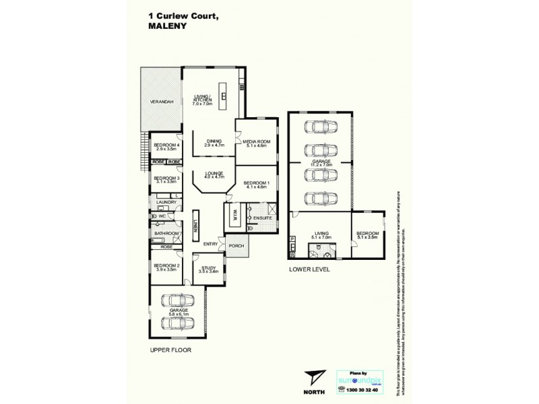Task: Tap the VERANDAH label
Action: pyautogui.click(x=162, y=101)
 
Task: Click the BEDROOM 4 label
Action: pyautogui.click(x=166, y=147)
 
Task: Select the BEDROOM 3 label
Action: pyautogui.click(x=166, y=180)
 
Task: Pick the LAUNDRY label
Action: pyautogui.click(x=166, y=202)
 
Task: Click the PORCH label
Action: pyautogui.click(x=236, y=246)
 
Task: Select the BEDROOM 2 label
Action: pyautogui.click(x=168, y=267)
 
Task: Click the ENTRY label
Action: pyautogui.click(x=210, y=244)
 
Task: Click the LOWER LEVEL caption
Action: pyautogui.click(x=308, y=269)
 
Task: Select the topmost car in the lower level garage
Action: pyautogui.click(x=318, y=127)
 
